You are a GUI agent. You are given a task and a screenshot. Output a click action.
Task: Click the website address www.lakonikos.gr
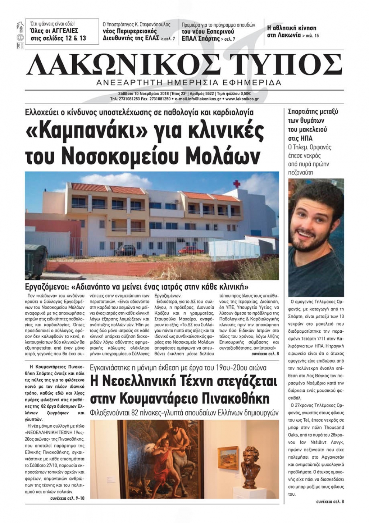click(x=242, y=99)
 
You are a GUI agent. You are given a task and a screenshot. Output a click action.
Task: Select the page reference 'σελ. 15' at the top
click(x=312, y=36)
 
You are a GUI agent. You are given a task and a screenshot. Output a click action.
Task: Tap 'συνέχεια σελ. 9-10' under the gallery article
click(x=67, y=498)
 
